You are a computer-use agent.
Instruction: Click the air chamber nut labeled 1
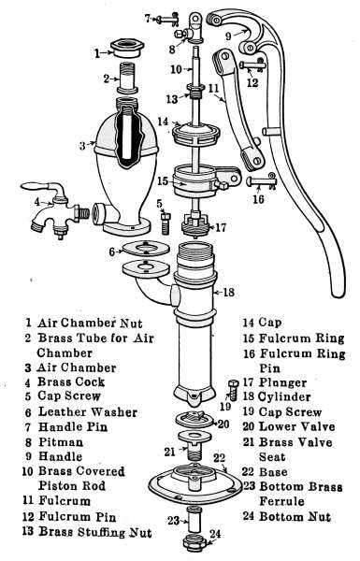point(126,49)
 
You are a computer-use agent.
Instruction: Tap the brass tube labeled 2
point(126,78)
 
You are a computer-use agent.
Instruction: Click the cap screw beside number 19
point(234,390)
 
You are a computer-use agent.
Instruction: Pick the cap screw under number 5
point(166,223)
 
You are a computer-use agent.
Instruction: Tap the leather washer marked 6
point(145,249)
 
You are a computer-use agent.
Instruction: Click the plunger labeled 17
point(195,224)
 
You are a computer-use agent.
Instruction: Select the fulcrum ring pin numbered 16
point(262,181)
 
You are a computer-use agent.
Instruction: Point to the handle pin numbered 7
point(167,19)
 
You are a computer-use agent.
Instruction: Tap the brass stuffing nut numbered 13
point(195,91)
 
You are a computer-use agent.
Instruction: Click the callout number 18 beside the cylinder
point(228,293)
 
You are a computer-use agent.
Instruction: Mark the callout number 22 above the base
point(220,457)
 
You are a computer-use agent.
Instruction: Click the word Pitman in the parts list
point(61,441)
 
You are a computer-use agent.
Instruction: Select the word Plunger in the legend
point(282,382)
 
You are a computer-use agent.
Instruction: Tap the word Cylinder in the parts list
point(283,396)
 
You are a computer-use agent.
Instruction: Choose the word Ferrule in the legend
point(281,501)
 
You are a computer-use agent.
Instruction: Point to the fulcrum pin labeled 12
point(252,65)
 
